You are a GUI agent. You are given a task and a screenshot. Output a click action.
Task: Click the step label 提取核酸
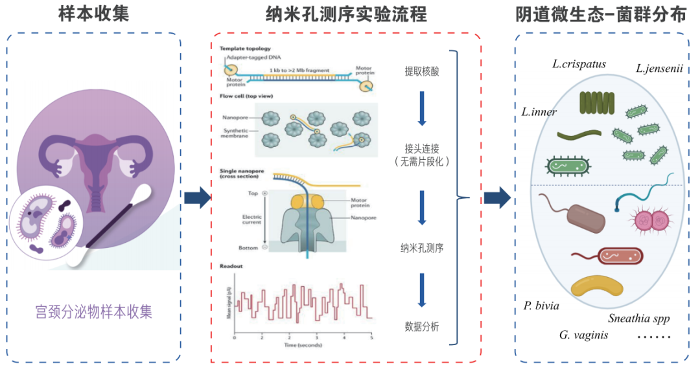(x=421, y=71)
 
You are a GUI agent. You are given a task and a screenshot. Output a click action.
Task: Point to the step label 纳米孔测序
(x=421, y=247)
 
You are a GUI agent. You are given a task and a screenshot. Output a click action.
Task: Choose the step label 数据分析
(x=421, y=326)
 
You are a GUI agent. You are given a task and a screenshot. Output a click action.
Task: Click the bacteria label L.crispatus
(x=579, y=64)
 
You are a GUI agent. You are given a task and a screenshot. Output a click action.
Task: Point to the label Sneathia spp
(x=638, y=318)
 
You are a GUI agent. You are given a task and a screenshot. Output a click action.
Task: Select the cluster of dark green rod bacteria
(x=596, y=104)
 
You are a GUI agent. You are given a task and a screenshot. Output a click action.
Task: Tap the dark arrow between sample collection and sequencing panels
(x=197, y=197)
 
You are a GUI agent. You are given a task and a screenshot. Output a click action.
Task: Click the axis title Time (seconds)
(x=302, y=346)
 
